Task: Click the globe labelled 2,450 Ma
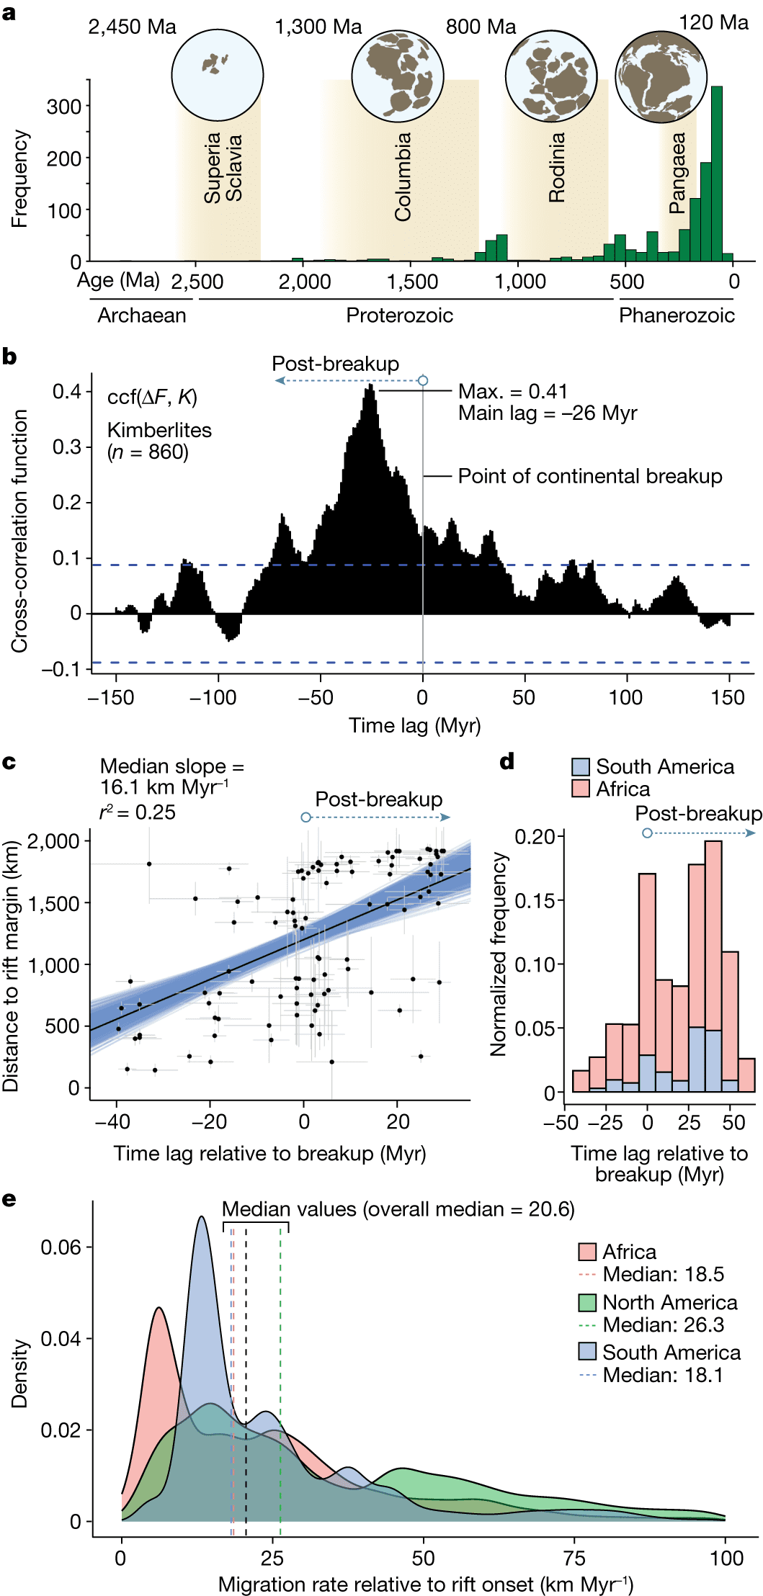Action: [x=217, y=75]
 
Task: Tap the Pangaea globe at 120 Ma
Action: [x=661, y=77]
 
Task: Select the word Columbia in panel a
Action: [x=403, y=176]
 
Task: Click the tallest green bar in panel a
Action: [x=716, y=173]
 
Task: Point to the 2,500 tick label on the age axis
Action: [x=197, y=282]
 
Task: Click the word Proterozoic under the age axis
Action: [x=399, y=315]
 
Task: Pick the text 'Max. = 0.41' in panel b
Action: [x=513, y=392]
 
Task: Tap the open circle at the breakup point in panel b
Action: [x=423, y=380]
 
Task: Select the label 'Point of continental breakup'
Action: [x=590, y=476]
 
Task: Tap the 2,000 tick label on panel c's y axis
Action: [x=54, y=841]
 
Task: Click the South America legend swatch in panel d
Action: [x=581, y=767]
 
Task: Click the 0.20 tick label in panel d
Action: [x=535, y=836]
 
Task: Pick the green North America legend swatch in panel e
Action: [x=587, y=1302]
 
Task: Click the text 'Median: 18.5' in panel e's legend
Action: [x=663, y=1274]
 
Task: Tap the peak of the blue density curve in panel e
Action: [x=202, y=1217]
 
